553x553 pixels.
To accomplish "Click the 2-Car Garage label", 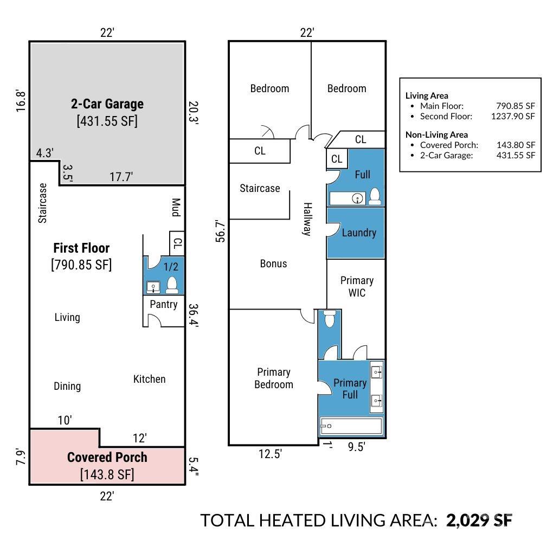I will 107,104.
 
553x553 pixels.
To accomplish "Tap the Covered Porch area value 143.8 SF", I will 107,474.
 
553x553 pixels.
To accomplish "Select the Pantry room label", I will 163,304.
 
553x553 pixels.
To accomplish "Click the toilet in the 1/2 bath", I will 172,285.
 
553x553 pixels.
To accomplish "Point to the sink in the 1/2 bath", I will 153,286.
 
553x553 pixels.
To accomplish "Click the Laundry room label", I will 358,233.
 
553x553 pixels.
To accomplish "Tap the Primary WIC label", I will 356,286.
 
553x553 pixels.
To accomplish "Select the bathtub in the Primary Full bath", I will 351,426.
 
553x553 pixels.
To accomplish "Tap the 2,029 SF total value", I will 479,520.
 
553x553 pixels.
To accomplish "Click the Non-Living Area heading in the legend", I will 436,134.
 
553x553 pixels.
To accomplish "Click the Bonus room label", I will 273,263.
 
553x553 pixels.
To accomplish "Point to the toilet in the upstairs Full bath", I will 375,196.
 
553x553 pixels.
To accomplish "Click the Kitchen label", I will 149,379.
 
